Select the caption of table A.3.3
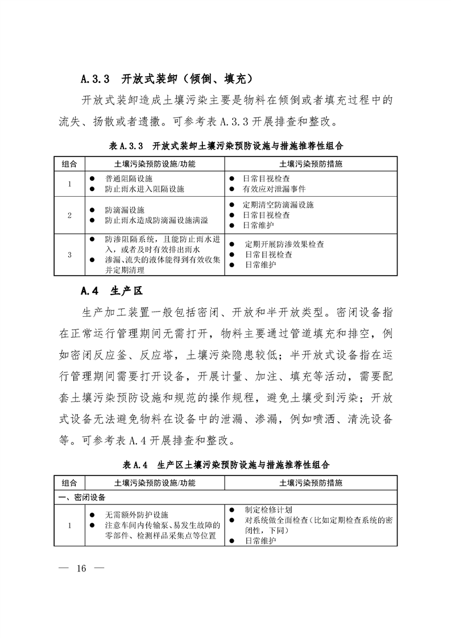click(x=226, y=146)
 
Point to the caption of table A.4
click(x=226, y=465)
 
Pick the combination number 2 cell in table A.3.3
click(x=69, y=215)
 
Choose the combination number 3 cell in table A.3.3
click(x=69, y=255)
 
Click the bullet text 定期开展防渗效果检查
click(x=284, y=245)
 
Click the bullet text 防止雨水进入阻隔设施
click(x=145, y=188)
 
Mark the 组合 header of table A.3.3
click(x=69, y=164)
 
